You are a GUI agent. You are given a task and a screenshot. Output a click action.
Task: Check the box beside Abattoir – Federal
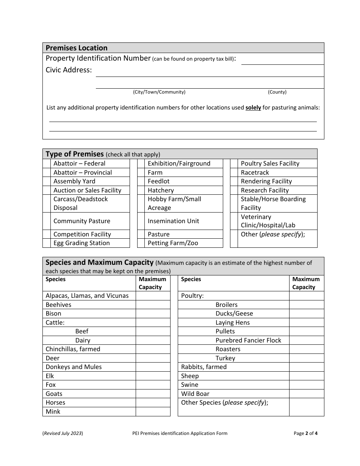click(46, 164)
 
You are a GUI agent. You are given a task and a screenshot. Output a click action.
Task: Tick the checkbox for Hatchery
click(141, 190)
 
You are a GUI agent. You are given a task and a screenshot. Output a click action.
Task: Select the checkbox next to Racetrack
click(234, 172)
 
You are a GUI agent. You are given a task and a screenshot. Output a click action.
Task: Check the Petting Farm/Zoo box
click(141, 243)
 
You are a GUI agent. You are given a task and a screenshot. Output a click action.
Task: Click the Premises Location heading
click(77, 48)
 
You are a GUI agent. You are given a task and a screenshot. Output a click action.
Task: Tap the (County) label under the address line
click(277, 92)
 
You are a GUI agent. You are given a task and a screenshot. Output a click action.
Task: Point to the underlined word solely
click(253, 108)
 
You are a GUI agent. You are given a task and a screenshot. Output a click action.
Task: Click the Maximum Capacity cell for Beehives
click(153, 305)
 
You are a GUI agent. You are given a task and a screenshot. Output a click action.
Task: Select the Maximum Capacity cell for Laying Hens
click(306, 323)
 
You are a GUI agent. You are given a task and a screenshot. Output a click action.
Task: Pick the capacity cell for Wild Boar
click(306, 394)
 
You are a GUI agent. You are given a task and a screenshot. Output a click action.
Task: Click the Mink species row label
click(53, 411)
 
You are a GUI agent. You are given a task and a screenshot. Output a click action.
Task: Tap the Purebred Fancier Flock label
click(248, 340)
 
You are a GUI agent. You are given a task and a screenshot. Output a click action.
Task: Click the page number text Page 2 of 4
click(305, 433)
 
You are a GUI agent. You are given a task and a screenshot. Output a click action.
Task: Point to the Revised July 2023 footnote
click(63, 433)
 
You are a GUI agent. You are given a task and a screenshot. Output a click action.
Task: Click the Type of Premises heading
click(75, 154)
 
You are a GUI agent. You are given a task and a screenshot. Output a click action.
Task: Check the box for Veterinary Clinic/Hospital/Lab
click(234, 221)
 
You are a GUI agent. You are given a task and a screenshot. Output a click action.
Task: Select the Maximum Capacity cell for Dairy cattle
click(153, 340)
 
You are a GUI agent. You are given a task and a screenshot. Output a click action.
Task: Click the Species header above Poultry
click(191, 279)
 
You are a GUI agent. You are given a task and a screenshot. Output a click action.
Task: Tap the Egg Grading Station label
click(81, 243)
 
